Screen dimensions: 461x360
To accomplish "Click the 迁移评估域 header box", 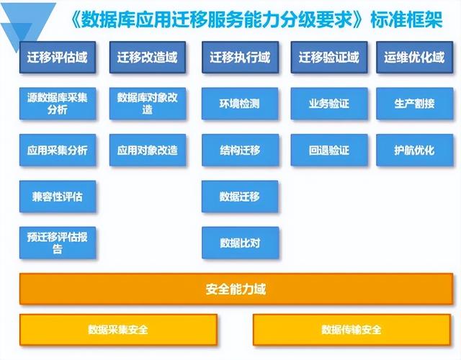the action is (58, 58).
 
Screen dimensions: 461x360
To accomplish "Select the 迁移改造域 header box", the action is (148, 58).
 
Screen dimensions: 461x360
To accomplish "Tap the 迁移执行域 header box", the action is (240, 58).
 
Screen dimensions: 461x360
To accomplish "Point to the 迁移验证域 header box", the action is (329, 58).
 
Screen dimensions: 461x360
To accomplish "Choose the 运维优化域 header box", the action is (415, 58).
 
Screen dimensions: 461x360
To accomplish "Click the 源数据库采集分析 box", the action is (58, 104).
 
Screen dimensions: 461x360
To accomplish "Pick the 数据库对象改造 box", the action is (148, 104).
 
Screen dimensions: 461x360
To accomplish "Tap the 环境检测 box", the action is (240, 104).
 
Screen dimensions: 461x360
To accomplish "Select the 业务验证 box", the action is (329, 104).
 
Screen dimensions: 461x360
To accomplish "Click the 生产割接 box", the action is (415, 104).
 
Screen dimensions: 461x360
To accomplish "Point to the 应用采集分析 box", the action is (58, 150).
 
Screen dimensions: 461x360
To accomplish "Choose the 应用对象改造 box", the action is (148, 150).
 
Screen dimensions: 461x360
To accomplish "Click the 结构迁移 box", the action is (240, 150).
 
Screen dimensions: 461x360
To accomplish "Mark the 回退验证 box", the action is (329, 150).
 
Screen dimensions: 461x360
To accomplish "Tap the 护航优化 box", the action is (415, 150).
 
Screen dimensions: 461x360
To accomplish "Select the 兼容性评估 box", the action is (58, 197).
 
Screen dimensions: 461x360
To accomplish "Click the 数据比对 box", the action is (240, 243).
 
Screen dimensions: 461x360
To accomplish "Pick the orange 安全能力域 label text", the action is (236, 289).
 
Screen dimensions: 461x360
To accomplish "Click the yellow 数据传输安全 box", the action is (352, 330).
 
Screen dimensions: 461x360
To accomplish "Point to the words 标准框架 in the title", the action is (406, 20).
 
